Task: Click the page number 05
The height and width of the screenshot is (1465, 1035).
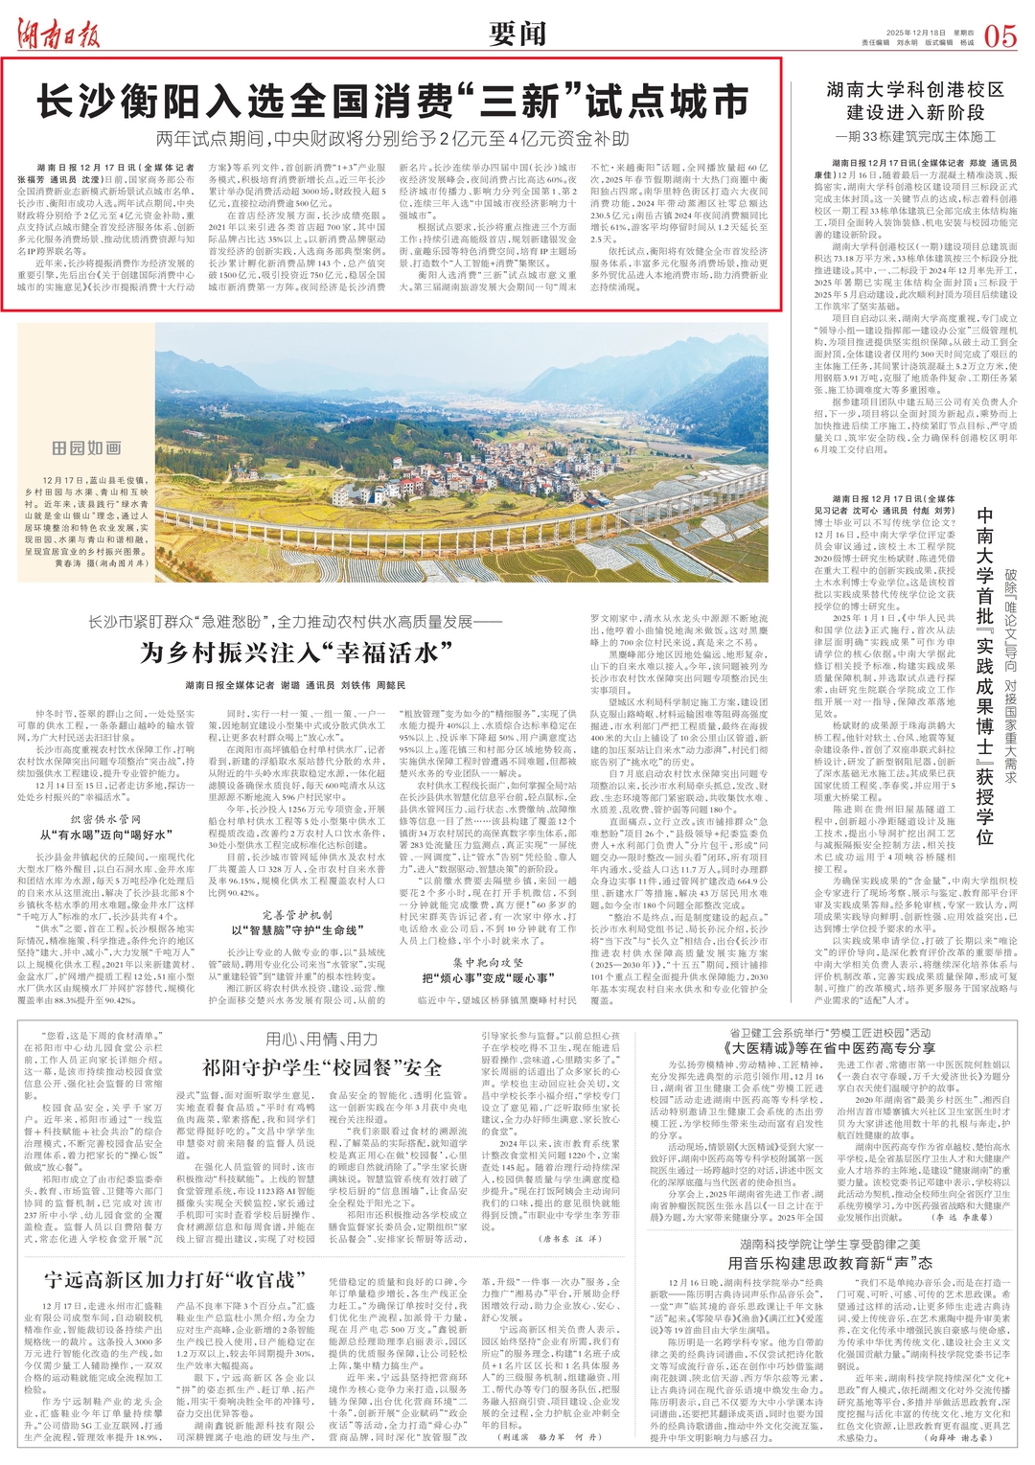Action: click(x=999, y=35)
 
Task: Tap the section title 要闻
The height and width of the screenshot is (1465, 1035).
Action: click(x=517, y=34)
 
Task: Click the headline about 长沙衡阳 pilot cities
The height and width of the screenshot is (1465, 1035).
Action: click(x=392, y=101)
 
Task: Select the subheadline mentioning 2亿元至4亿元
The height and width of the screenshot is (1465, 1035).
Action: click(x=392, y=139)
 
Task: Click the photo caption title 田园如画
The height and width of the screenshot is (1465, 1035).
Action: click(x=86, y=447)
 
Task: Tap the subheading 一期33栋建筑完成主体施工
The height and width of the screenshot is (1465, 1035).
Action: click(x=914, y=137)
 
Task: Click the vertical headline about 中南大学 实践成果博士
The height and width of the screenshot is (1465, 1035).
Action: click(x=984, y=675)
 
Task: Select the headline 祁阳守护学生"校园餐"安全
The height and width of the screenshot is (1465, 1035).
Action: click(x=322, y=1068)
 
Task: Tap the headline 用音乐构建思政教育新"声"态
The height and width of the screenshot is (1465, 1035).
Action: click(x=830, y=1263)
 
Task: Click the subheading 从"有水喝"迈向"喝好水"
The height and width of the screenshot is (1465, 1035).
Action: click(x=105, y=836)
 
